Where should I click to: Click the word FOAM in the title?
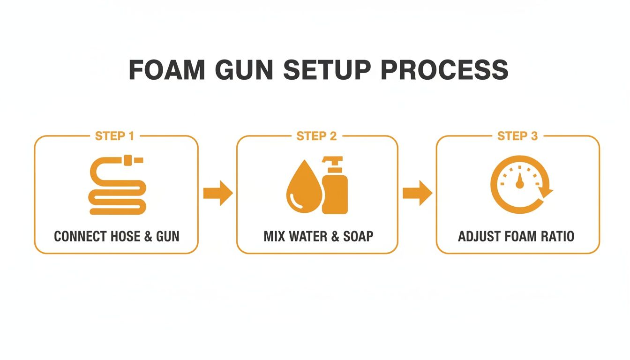(167, 70)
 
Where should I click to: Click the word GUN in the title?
(246, 70)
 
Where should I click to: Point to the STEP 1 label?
(114, 136)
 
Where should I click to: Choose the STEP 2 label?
(316, 136)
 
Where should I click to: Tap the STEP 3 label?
(517, 136)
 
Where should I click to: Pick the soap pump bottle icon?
(335, 187)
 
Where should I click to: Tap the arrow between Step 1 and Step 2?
(218, 193)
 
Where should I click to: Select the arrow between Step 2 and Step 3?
(417, 193)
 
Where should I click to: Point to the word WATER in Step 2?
(309, 236)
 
